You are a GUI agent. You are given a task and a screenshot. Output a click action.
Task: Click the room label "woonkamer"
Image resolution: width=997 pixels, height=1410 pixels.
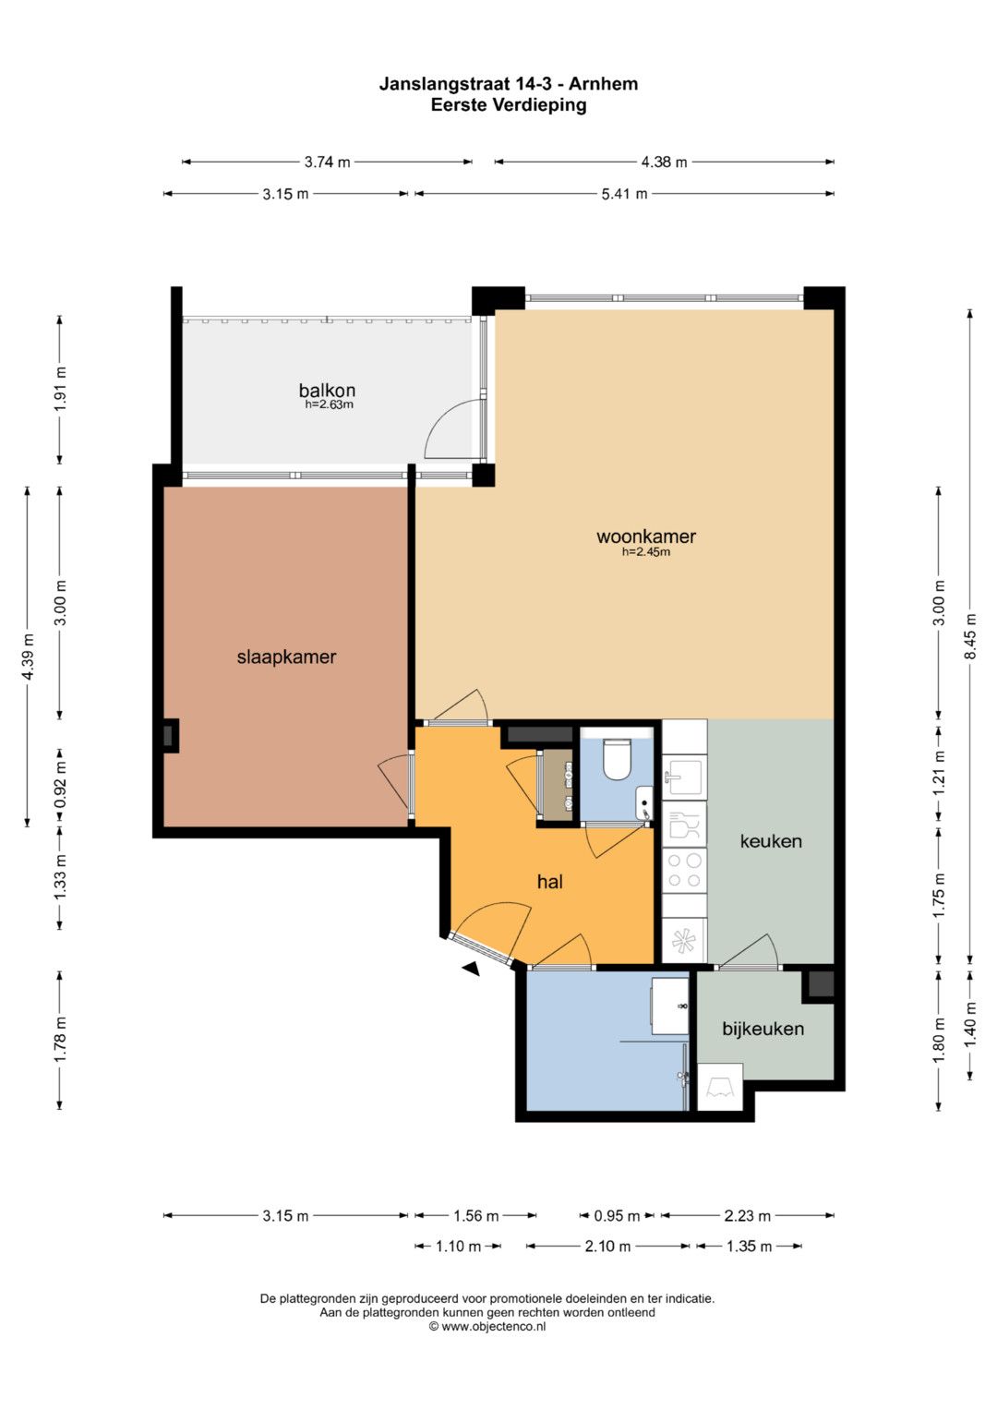tap(646, 536)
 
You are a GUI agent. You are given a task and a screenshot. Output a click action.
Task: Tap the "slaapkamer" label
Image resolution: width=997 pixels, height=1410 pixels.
tap(286, 657)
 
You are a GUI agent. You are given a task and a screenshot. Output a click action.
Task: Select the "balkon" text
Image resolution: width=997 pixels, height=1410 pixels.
tap(327, 391)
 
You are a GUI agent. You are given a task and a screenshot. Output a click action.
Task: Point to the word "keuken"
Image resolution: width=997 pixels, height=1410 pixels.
tap(771, 841)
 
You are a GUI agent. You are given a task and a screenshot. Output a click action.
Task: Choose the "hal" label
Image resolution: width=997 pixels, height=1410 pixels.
tap(549, 882)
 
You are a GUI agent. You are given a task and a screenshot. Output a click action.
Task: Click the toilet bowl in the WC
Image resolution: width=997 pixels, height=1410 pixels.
tap(617, 760)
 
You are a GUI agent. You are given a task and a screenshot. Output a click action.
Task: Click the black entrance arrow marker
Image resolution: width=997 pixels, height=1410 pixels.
tap(472, 970)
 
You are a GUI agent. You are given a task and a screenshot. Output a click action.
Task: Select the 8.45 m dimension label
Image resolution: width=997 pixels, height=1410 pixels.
tap(970, 636)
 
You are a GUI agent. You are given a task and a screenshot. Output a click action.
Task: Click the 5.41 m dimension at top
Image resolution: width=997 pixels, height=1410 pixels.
tap(624, 194)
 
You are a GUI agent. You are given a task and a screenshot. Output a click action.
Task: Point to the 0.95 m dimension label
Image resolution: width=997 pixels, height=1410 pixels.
tap(617, 1215)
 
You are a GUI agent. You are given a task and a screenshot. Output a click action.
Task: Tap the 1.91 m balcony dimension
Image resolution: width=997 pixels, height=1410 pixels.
tap(60, 389)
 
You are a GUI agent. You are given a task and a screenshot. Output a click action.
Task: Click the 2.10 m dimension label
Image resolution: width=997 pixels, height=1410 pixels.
tap(607, 1246)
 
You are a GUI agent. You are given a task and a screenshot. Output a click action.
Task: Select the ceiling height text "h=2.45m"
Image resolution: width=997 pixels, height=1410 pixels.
tap(646, 552)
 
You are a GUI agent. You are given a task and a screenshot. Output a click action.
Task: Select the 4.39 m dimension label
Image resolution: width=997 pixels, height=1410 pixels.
tap(27, 657)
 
